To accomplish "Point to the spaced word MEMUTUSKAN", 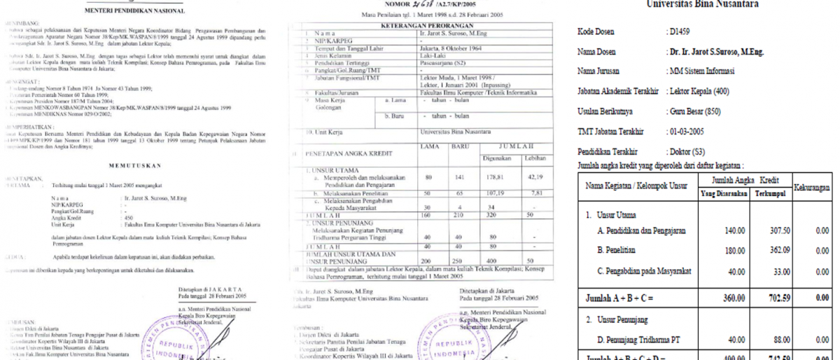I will (x=136, y=165).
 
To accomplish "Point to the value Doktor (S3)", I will (x=689, y=151).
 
